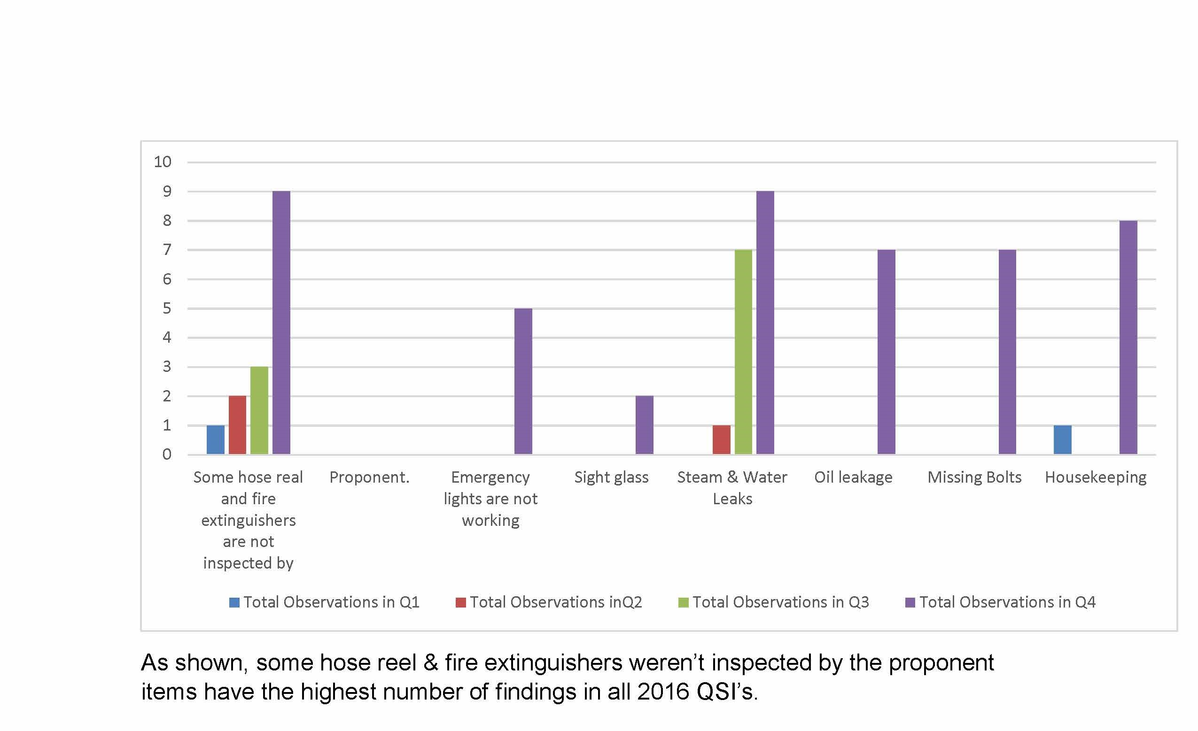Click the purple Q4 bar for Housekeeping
(x=1128, y=337)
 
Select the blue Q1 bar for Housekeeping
(x=1062, y=440)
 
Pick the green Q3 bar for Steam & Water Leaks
(x=743, y=352)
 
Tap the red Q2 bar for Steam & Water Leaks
(x=722, y=440)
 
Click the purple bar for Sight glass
(x=644, y=425)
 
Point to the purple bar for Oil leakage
(x=887, y=352)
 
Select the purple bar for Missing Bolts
(x=1007, y=352)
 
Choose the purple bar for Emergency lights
(x=523, y=382)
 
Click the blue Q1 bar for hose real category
(x=215, y=440)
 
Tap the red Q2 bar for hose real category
(x=237, y=425)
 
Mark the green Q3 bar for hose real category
(x=259, y=411)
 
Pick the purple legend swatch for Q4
(x=910, y=603)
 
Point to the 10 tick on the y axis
(x=163, y=162)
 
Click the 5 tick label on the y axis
(x=167, y=308)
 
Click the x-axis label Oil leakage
(x=853, y=477)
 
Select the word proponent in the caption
(x=941, y=663)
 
